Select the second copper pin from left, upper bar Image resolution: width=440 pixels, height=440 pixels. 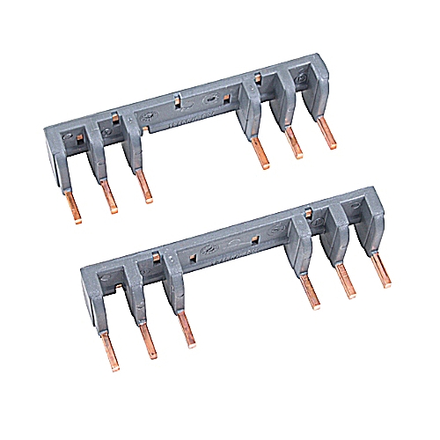(x=108, y=194)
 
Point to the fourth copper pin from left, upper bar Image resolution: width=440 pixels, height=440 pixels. (x=259, y=151)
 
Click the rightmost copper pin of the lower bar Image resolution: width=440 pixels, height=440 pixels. (x=382, y=269)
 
